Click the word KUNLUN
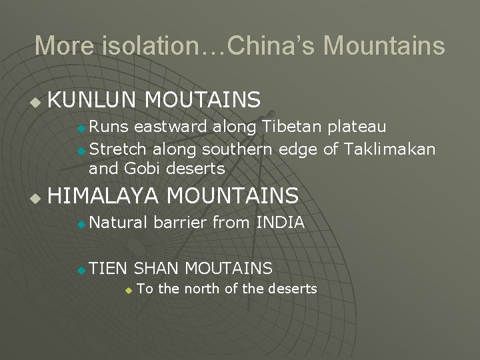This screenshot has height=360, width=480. click(93, 100)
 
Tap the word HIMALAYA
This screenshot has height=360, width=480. click(103, 195)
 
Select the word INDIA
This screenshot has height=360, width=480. click(280, 223)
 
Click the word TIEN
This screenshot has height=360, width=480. click(107, 268)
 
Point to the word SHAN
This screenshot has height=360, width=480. click(156, 268)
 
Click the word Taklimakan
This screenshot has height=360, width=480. click(390, 149)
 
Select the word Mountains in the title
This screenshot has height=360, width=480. click(384, 46)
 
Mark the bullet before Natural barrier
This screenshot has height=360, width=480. click(81, 225)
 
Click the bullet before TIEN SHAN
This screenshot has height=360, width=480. click(81, 270)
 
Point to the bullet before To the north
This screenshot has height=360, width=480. click(129, 290)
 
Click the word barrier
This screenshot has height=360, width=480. click(180, 223)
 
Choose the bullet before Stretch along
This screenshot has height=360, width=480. click(81, 151)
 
